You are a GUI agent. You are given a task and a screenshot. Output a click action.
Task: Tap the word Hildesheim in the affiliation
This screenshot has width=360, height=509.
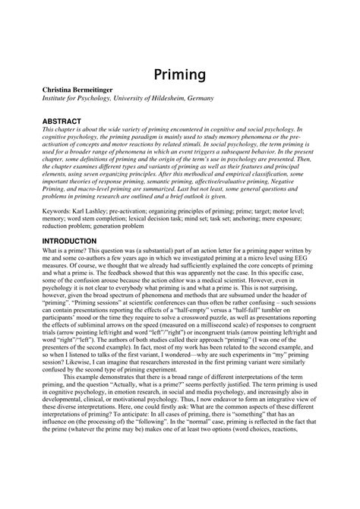pyautogui.click(x=170, y=99)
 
